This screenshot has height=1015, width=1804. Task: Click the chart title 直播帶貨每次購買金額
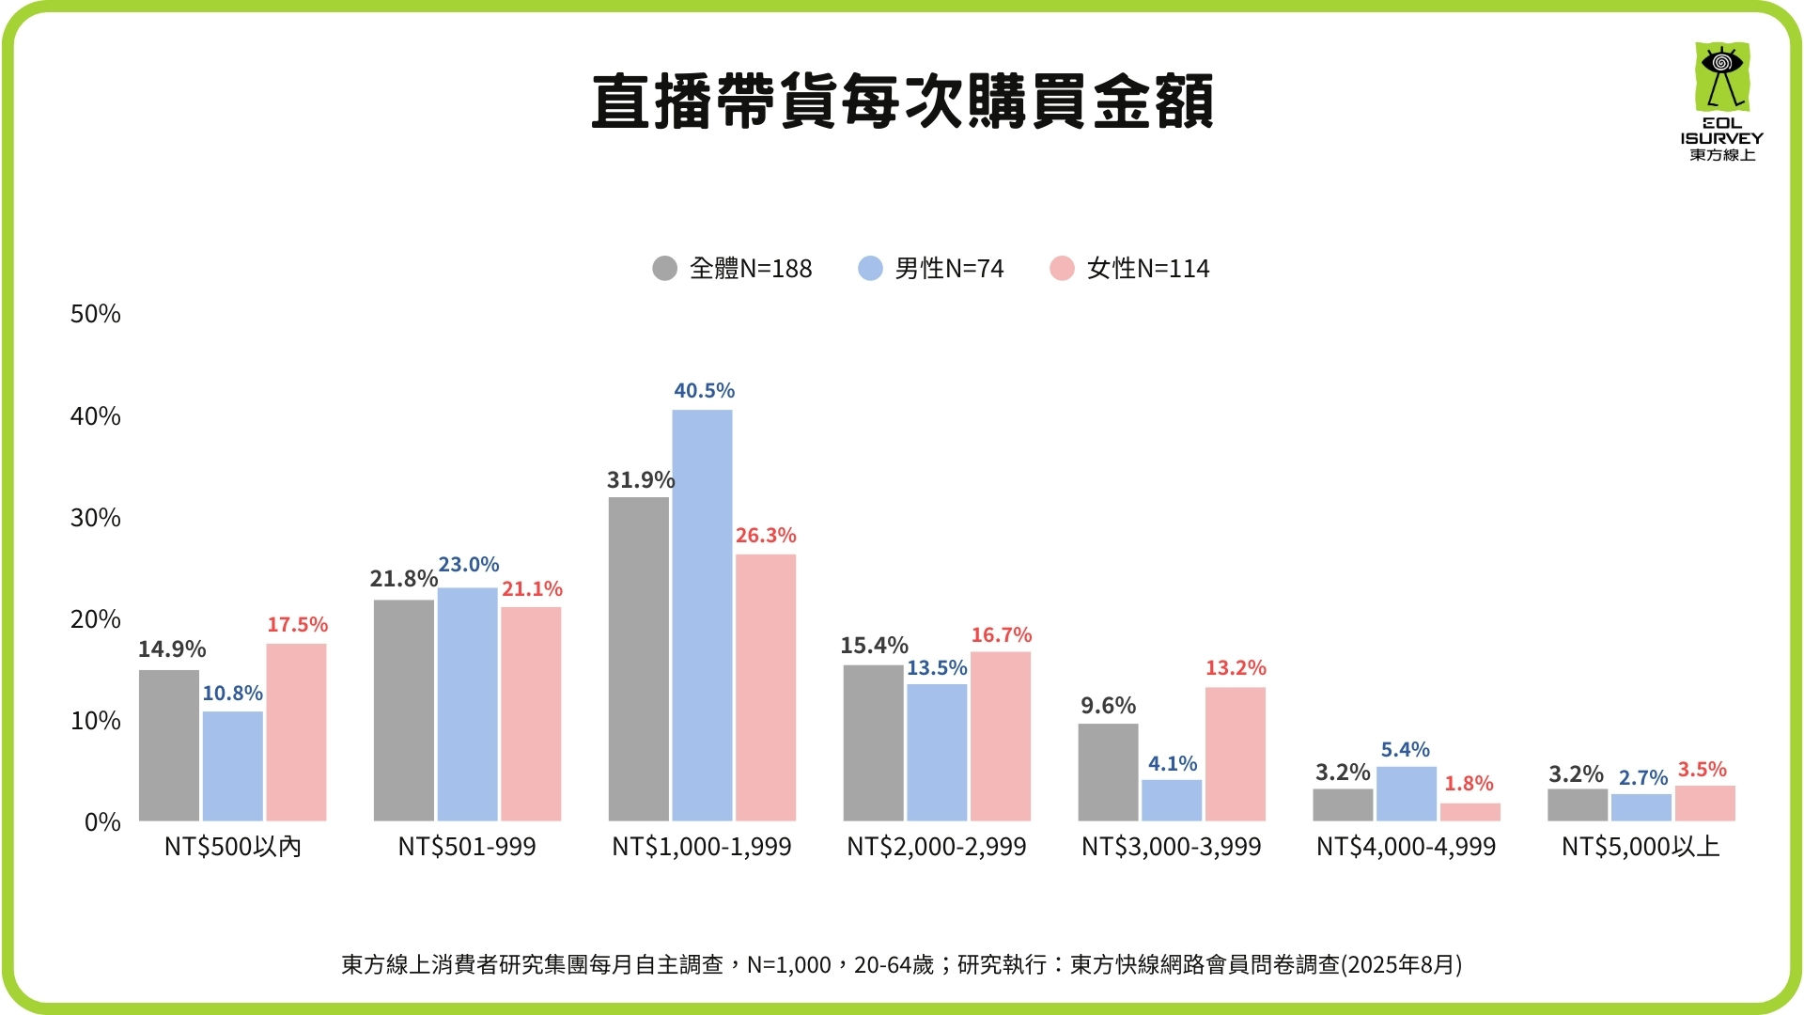pyautogui.click(x=902, y=101)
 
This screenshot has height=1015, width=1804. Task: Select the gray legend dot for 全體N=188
pyautogui.click(x=664, y=269)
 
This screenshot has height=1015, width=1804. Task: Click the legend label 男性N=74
pyautogui.click(x=949, y=269)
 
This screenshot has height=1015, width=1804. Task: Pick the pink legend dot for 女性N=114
pyautogui.click(x=1062, y=269)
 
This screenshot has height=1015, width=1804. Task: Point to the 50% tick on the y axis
pyautogui.click(x=96, y=314)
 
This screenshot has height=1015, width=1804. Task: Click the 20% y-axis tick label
pyautogui.click(x=96, y=619)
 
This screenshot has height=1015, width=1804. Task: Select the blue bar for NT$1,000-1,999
pyautogui.click(x=702, y=616)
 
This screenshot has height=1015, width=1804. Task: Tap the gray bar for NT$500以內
pyautogui.click(x=169, y=745)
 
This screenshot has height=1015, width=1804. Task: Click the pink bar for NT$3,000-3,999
pyautogui.click(x=1236, y=754)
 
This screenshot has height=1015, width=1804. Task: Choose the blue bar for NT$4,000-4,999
pyautogui.click(x=1407, y=794)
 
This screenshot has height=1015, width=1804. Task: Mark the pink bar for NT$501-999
pyautogui.click(x=531, y=714)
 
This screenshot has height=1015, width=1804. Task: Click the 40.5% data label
pyautogui.click(x=704, y=391)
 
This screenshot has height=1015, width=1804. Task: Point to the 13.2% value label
pyautogui.click(x=1236, y=668)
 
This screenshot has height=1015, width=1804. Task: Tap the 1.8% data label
pyautogui.click(x=1469, y=784)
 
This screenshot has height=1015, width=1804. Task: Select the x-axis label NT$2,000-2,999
pyautogui.click(x=937, y=847)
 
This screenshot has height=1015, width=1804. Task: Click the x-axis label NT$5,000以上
pyautogui.click(x=1641, y=847)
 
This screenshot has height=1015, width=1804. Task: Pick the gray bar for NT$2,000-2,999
pyautogui.click(x=873, y=743)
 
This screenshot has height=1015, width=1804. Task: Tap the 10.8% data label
pyautogui.click(x=232, y=694)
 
